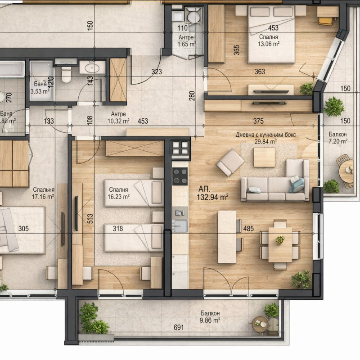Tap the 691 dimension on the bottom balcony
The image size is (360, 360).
tap(179, 328)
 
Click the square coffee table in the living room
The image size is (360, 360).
tap(264, 157)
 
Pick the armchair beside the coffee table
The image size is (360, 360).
tap(230, 162)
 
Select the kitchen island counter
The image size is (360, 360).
tap(226, 237)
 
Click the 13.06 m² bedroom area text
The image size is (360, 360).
tap(269, 44)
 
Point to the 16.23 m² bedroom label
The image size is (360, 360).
tap(119, 197)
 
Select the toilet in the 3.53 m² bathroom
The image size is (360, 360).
tap(66, 74)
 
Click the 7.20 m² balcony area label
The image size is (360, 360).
tap(338, 141)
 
